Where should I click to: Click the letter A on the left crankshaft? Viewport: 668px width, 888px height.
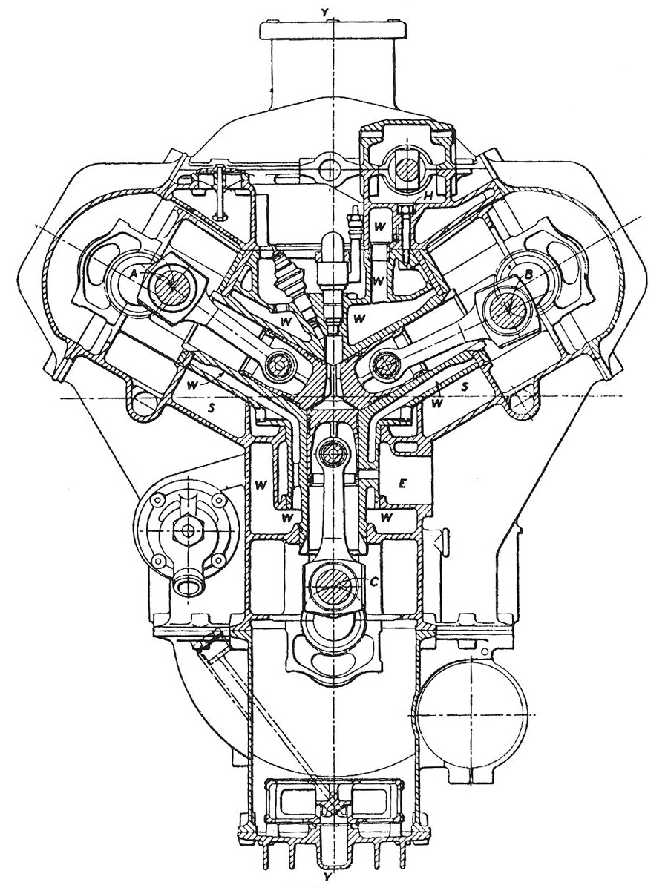point(133,273)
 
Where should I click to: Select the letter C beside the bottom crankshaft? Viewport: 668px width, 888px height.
point(374,582)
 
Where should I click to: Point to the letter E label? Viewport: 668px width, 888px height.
point(402,483)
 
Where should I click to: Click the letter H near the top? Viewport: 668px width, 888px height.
point(429,194)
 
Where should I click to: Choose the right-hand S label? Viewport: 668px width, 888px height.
point(465,387)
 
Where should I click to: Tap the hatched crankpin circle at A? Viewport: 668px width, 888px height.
point(171,284)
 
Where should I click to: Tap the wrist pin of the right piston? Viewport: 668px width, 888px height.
point(386,363)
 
